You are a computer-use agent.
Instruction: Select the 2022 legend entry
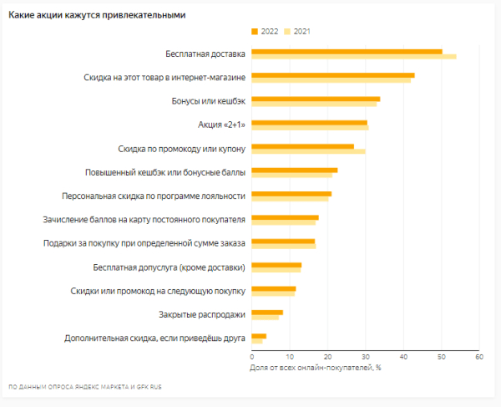(x=265, y=31)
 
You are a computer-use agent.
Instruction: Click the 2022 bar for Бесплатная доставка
(x=347, y=52)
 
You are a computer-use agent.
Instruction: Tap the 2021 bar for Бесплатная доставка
(x=353, y=57)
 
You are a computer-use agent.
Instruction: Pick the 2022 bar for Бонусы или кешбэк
(x=316, y=99)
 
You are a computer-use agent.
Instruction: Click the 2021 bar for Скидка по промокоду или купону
(x=308, y=151)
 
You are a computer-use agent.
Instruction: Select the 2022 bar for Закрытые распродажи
(x=267, y=312)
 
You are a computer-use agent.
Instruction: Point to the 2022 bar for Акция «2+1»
(x=309, y=122)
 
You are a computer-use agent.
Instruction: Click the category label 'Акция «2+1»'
(x=222, y=125)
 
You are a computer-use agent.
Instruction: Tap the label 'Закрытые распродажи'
(x=202, y=314)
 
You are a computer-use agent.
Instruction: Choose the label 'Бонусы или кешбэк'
(x=203, y=101)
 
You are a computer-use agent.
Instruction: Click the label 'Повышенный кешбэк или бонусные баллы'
(x=165, y=172)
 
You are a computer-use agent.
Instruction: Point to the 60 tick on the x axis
(x=479, y=357)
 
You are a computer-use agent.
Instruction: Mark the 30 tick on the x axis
(x=366, y=357)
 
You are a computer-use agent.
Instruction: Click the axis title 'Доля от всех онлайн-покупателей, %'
(x=316, y=367)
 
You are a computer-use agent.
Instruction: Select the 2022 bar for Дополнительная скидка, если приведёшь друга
(x=259, y=336)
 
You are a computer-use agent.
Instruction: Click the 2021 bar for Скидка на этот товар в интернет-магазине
(x=331, y=80)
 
